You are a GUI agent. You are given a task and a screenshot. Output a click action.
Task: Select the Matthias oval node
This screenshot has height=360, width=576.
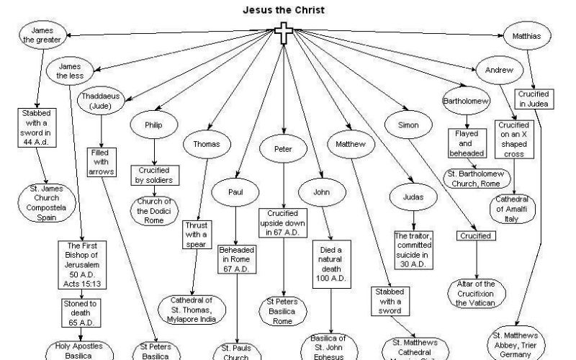[526, 35]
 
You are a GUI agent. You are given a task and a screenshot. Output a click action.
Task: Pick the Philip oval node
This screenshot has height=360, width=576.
[153, 125]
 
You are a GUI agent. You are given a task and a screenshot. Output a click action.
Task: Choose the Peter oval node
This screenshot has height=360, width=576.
[283, 150]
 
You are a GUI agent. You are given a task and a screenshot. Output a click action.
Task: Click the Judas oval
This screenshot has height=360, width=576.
[410, 197]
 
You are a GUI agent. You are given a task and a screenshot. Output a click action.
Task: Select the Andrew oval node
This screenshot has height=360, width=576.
[499, 70]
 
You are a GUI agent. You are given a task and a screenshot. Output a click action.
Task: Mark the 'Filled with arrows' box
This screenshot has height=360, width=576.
[102, 162]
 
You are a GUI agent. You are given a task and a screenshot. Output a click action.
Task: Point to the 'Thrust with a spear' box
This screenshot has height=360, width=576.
[196, 234]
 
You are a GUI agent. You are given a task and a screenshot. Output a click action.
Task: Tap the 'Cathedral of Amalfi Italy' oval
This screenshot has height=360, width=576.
[513, 208]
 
